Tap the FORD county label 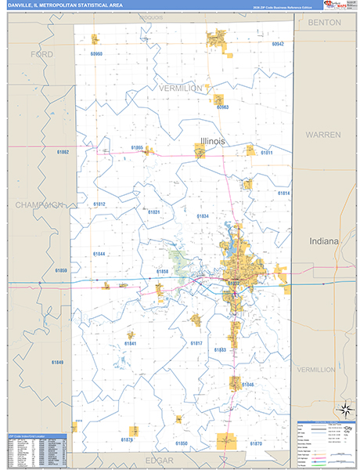click(41, 54)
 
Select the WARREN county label click(323, 135)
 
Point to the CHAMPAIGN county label click(38, 204)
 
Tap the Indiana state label click(324, 241)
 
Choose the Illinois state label click(212, 141)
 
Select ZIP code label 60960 click(96, 54)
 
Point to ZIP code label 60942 click(278, 44)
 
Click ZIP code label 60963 click(222, 107)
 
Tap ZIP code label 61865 click(137, 147)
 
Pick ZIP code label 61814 click(283, 193)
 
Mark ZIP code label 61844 click(99, 254)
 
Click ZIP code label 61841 click(130, 343)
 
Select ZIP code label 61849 click(57, 362)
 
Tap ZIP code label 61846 click(247, 385)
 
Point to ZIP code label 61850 click(182, 443)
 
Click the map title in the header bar click(62, 5)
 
